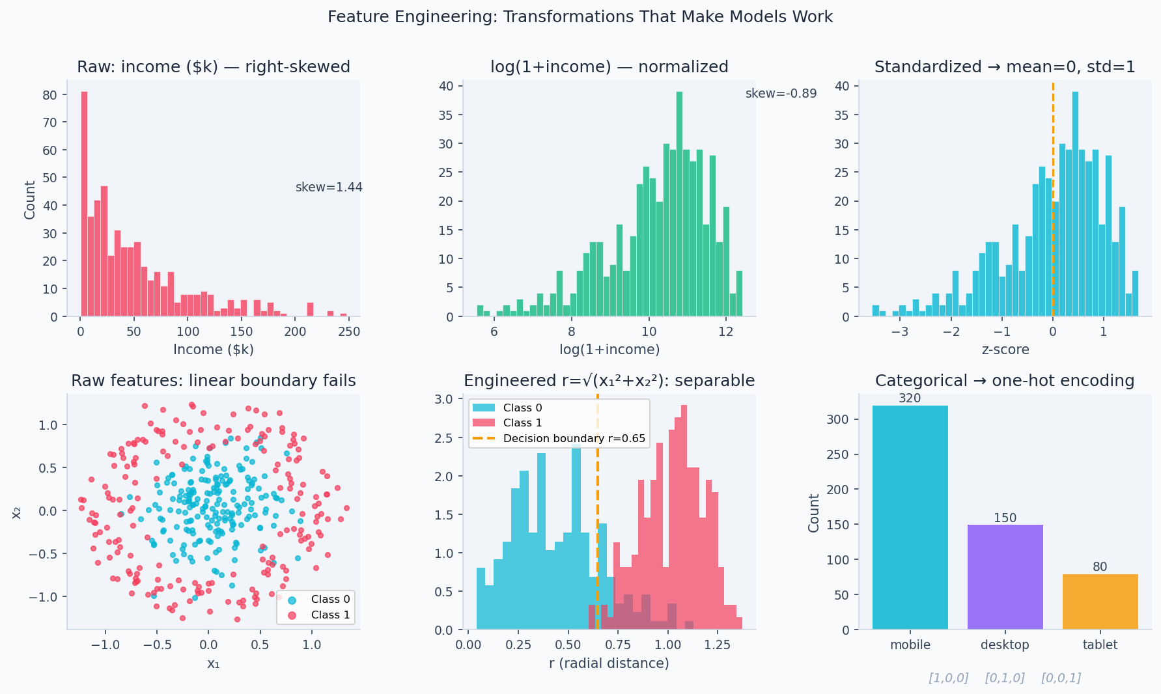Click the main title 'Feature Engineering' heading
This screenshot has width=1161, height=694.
pos(580,17)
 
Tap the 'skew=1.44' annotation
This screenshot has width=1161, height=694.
pos(329,187)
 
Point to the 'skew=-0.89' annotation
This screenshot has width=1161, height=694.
pos(781,94)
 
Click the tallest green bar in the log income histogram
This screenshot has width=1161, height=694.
pos(679,204)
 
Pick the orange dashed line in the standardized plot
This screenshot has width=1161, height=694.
pos(1053,195)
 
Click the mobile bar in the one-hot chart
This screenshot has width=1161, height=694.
pos(910,518)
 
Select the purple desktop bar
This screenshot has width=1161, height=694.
pos(1005,577)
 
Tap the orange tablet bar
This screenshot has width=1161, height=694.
pos(1100,602)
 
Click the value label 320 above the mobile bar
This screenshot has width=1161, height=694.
pos(910,398)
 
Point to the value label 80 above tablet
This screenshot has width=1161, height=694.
pos(1100,567)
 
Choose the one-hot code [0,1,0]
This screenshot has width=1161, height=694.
pos(1005,678)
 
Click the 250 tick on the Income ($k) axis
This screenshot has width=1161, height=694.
pos(349,331)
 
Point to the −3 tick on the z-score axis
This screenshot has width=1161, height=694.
pos(900,331)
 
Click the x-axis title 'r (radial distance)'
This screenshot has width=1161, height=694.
pos(609,663)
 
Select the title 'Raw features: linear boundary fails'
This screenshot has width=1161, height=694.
pos(214,381)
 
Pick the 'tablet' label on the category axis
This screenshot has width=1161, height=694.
pos(1100,645)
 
